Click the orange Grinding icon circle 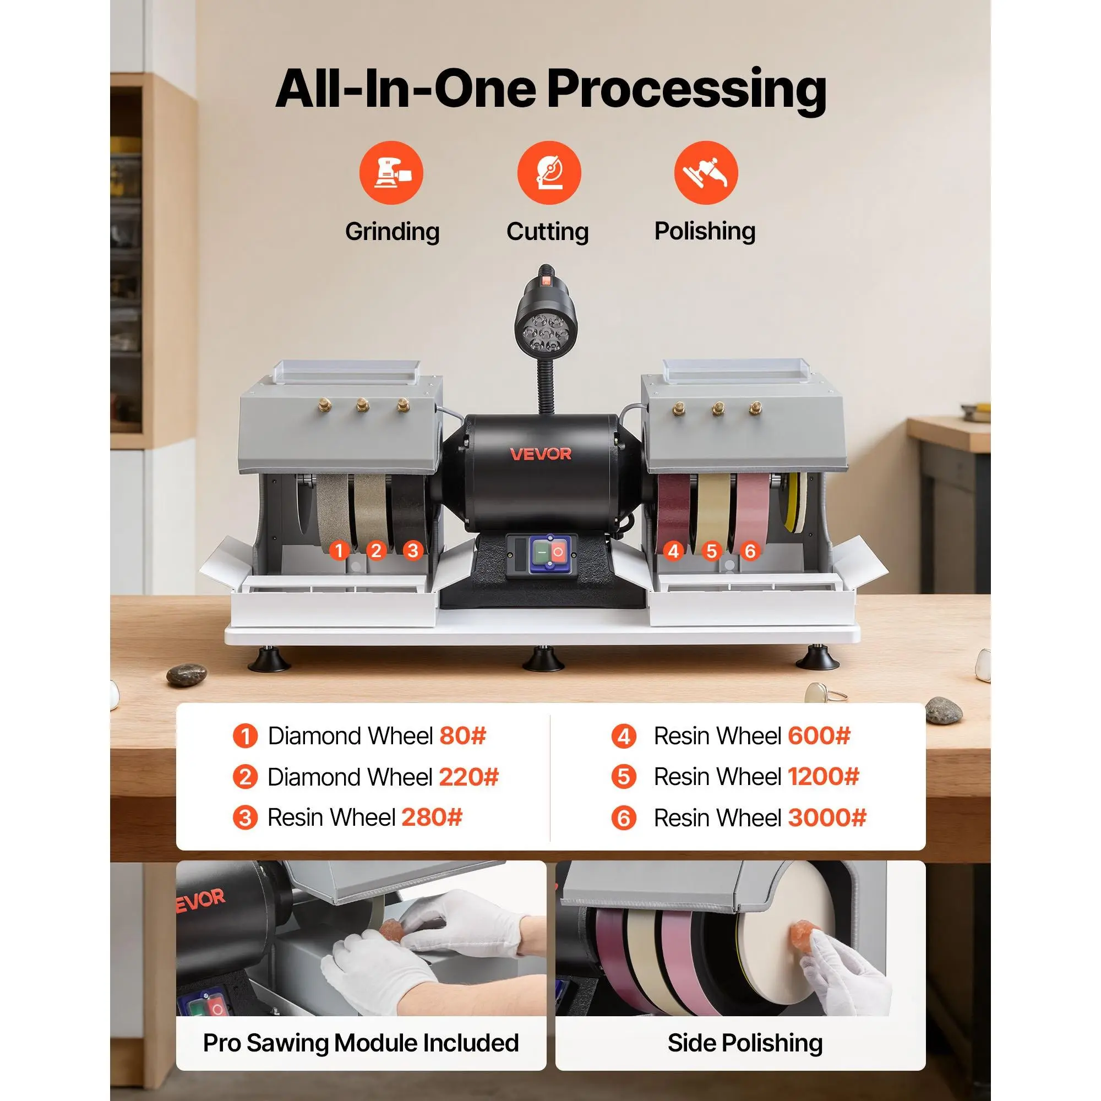391,173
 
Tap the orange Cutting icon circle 549,173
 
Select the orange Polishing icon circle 706,173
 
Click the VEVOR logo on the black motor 540,454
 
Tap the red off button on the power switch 557,552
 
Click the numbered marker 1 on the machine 340,550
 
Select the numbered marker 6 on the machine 750,551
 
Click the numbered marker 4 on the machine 674,551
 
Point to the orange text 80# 463,735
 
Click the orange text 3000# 827,818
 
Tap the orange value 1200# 824,777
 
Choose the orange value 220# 468,777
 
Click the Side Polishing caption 745,1043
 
